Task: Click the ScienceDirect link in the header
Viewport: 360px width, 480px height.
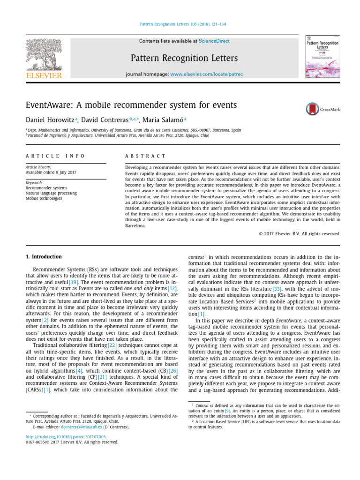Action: (214, 41)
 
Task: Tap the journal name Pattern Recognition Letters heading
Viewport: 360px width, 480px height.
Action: (184, 58)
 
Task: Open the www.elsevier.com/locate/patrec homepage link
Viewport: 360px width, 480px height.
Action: (206, 75)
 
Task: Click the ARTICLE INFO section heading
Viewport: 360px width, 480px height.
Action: (55, 156)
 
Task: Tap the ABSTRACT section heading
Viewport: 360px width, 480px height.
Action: (145, 156)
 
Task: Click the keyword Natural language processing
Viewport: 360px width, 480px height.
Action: (51, 193)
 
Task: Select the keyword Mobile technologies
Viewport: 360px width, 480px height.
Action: (44, 198)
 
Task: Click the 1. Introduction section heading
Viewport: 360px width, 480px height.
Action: (44, 257)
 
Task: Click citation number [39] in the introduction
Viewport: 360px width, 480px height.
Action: (74, 282)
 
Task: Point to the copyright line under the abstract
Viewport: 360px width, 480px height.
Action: (300, 233)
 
